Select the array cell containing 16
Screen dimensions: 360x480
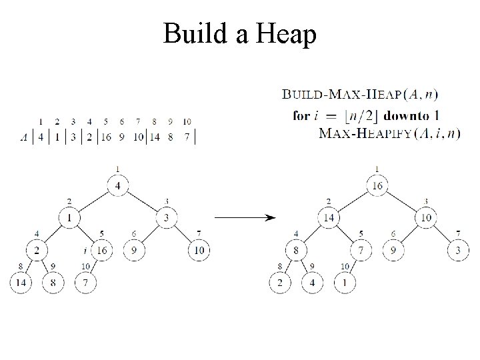click(105, 137)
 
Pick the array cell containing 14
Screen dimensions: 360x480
click(155, 137)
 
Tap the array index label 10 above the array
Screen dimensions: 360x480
click(187, 121)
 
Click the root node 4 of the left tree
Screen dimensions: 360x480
click(118, 185)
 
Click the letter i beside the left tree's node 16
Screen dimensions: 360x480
click(86, 251)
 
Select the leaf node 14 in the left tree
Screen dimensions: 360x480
click(20, 282)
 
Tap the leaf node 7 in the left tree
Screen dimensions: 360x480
click(86, 282)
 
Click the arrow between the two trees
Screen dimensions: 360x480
click(243, 217)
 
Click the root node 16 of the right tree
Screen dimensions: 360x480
click(377, 185)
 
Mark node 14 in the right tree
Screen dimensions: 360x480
click(328, 217)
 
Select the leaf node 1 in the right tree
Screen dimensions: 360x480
click(345, 282)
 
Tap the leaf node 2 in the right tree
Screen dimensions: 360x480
click(279, 282)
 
